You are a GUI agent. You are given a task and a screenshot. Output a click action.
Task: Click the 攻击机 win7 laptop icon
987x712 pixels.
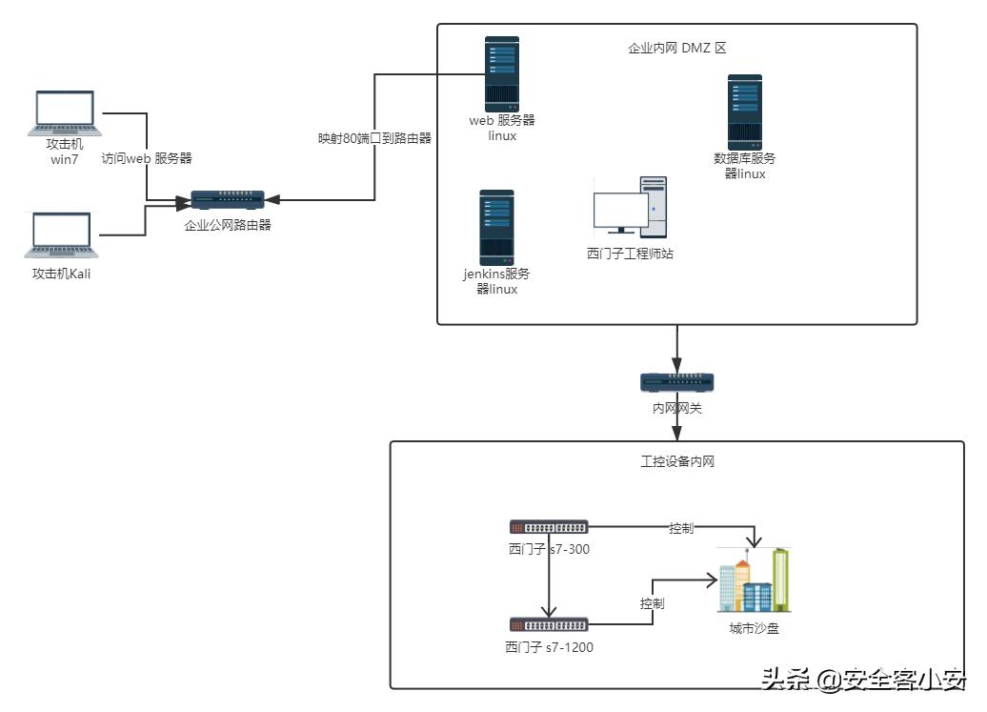click(x=65, y=113)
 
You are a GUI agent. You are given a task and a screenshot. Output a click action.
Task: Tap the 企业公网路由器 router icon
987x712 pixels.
click(x=227, y=200)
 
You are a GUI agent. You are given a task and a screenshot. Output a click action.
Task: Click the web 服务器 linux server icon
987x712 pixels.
click(x=502, y=73)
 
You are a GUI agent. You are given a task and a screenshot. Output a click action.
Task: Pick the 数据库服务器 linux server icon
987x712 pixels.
click(x=745, y=112)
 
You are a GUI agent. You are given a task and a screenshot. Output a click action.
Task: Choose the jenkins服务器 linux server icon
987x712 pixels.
click(x=496, y=227)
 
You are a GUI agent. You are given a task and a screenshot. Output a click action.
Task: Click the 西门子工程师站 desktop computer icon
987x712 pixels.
click(x=630, y=208)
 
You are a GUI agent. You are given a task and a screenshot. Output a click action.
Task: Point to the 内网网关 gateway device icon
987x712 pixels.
click(x=676, y=383)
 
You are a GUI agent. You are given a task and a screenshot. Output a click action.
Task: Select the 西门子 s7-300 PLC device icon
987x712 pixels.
click(x=548, y=527)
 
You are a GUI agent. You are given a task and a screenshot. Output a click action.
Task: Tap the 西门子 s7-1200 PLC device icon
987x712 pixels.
click(x=548, y=625)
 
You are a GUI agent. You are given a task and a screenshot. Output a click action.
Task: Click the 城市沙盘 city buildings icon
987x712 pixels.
click(x=754, y=580)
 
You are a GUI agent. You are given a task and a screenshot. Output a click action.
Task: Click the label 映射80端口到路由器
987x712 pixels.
click(x=374, y=138)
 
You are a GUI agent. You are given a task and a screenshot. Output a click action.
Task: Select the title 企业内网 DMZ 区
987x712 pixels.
click(x=677, y=48)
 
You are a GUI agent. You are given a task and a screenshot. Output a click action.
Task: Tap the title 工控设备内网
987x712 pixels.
click(x=677, y=462)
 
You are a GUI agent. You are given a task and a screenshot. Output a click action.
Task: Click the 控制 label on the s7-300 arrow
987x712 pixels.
click(x=680, y=528)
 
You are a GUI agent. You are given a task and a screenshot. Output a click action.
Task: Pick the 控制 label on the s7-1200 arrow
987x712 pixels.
click(x=652, y=603)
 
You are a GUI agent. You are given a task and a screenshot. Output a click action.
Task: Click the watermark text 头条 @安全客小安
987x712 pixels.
click(x=863, y=680)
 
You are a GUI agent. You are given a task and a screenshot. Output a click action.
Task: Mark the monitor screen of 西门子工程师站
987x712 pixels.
click(x=619, y=209)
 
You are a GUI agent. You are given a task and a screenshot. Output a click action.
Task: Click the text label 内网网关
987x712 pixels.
click(x=676, y=408)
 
